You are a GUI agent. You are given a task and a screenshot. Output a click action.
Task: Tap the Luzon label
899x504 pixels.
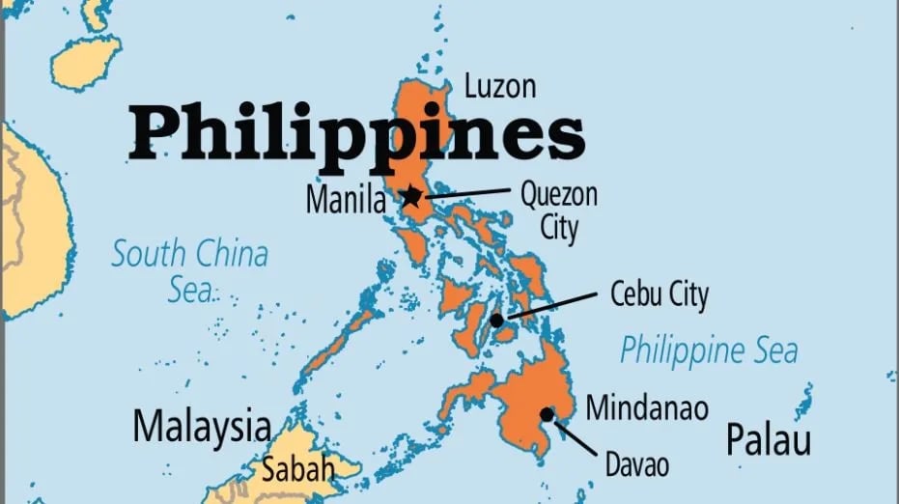(499, 86)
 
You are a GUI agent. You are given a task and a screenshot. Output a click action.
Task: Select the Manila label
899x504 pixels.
(345, 201)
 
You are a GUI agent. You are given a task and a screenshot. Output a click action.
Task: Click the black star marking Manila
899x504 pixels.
(411, 197)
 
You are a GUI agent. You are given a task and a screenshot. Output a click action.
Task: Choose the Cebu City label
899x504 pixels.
(660, 294)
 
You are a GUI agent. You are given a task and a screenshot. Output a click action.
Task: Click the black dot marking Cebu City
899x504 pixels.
(496, 320)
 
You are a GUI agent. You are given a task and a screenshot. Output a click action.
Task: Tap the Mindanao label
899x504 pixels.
(647, 406)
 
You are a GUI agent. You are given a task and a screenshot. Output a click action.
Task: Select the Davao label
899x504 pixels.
(636, 464)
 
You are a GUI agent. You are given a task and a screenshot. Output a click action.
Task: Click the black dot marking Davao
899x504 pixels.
(548, 414)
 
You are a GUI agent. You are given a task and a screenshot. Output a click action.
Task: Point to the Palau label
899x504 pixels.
(769, 440)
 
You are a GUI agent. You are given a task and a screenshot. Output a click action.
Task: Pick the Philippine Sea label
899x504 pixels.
(709, 350)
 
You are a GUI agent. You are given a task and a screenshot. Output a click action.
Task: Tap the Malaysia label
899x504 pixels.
(201, 426)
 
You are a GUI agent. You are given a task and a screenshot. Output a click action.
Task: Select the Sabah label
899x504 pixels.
(297, 470)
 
